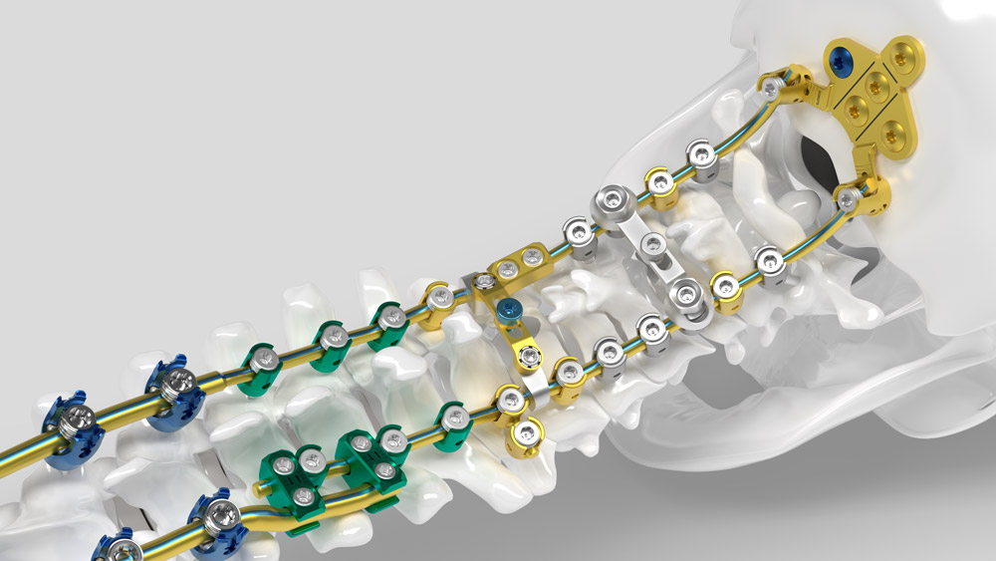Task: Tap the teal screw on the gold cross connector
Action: coord(511,311)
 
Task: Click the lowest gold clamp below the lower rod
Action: coord(525,431)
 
